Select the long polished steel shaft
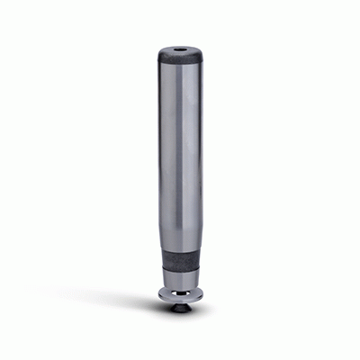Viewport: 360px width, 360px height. tap(180, 153)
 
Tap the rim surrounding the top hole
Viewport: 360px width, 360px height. tap(190, 51)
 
